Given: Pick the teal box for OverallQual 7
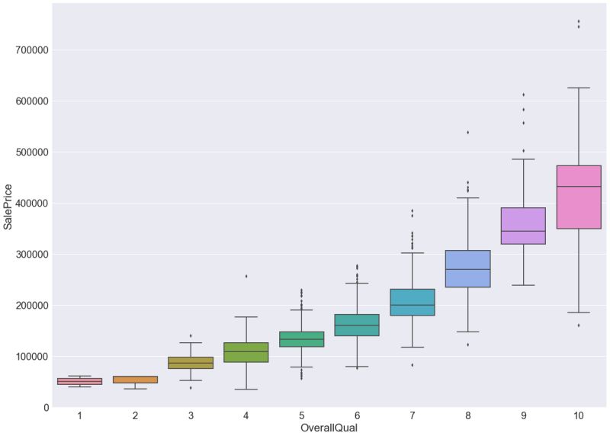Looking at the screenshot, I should coord(412,302).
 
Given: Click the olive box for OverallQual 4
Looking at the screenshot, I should coord(246,352).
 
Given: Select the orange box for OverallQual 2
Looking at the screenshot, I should coord(135,379).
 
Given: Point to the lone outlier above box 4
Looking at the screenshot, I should coord(246,276).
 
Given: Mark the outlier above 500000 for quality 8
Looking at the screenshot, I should coord(467,133).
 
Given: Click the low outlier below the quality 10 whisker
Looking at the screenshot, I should coord(578,325).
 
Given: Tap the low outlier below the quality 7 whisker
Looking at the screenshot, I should coord(412,365).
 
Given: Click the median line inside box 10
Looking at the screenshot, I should coord(578,187).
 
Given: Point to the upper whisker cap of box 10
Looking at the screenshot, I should coord(578,88).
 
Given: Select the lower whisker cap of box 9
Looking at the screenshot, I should coord(523,285).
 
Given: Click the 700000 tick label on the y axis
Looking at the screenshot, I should coord(27,50).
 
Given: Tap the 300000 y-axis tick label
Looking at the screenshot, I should coord(27,255).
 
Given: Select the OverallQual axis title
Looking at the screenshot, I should coord(329,428).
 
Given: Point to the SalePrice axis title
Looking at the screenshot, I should coord(8,206).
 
